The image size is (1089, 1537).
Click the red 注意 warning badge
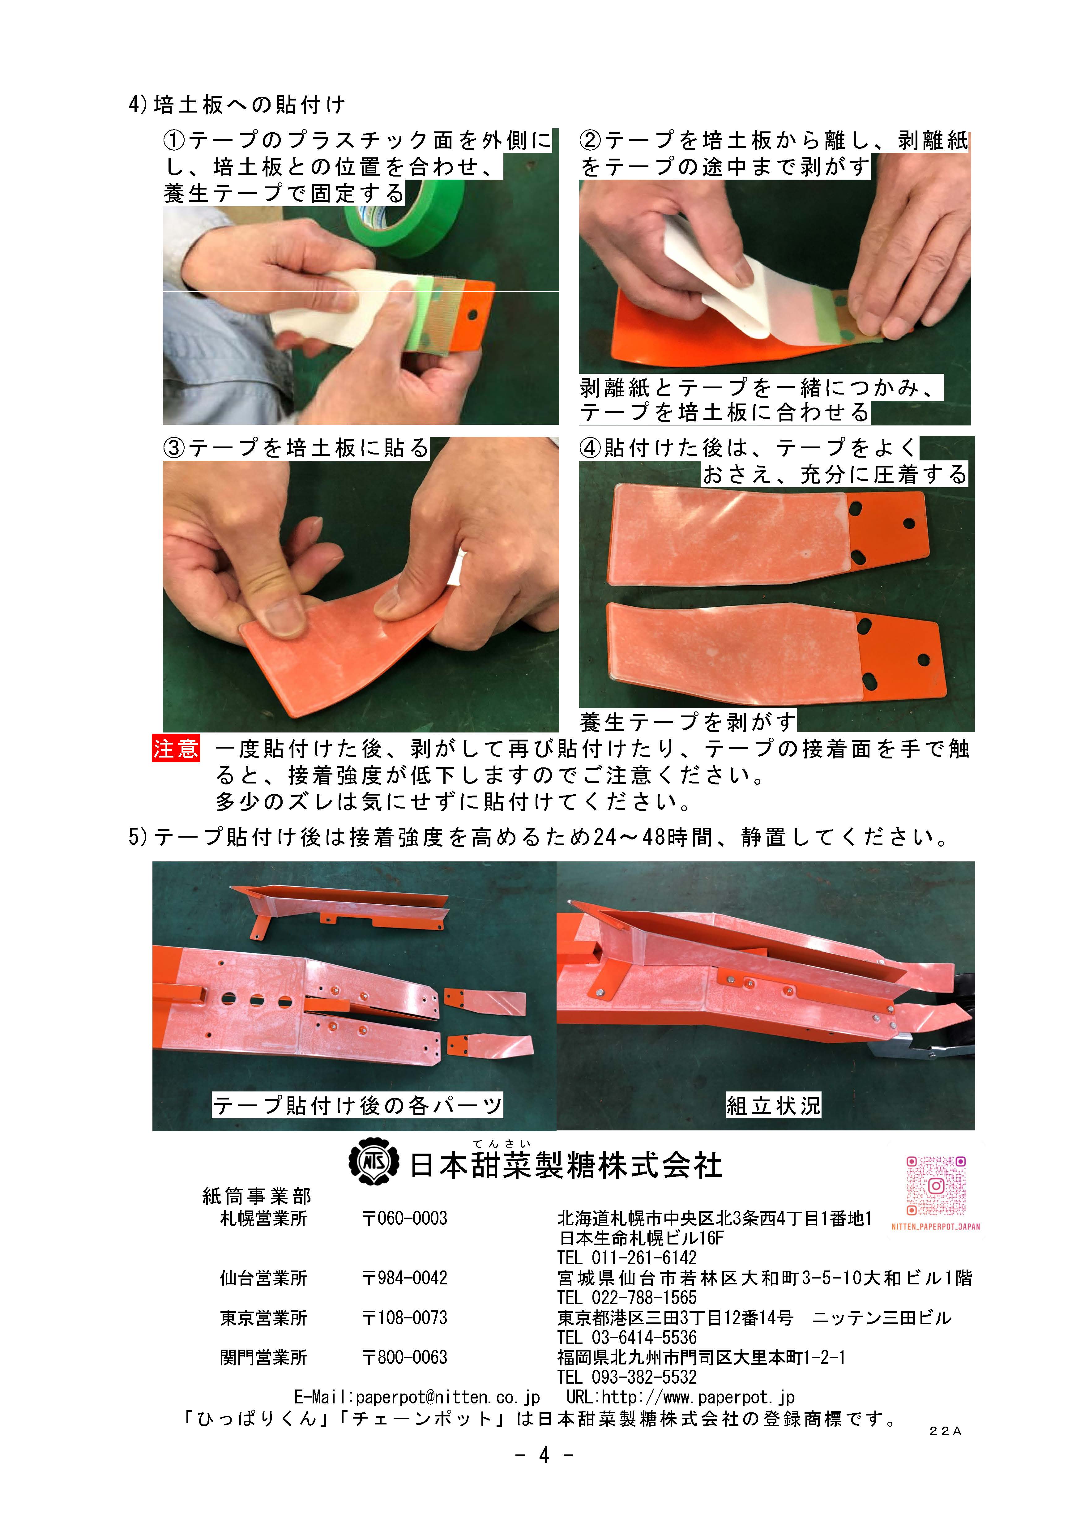click(x=176, y=748)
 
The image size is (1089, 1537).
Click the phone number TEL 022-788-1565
click(x=627, y=1298)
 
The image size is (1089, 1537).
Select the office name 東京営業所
click(x=263, y=1318)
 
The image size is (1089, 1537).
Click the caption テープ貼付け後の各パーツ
click(x=357, y=1104)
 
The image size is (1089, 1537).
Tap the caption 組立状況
click(x=773, y=1104)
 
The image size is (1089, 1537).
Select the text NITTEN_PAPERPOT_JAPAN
click(x=935, y=1227)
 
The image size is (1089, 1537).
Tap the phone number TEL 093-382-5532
click(x=627, y=1377)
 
